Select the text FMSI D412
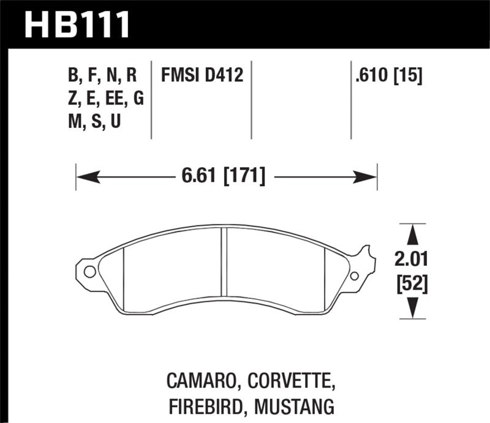click(x=202, y=76)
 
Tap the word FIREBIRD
click(x=202, y=405)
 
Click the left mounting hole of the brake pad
click(x=89, y=271)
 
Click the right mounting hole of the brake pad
click(x=354, y=275)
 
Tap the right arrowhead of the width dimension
click(x=366, y=178)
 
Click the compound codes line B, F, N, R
click(x=102, y=76)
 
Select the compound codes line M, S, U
click(x=94, y=122)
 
